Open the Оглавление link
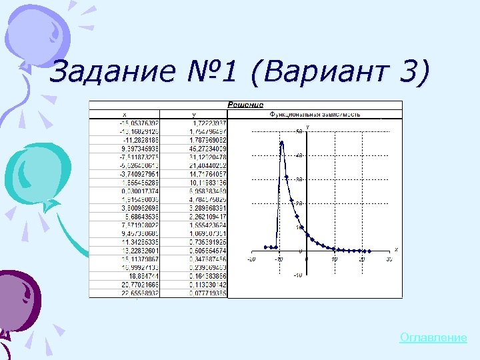(433, 338)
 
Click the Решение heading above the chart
(245, 105)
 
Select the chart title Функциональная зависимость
(315, 114)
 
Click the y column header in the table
(194, 114)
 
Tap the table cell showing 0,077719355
(203, 293)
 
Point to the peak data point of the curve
(282, 142)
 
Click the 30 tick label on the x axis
(388, 259)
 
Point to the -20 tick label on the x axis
(251, 259)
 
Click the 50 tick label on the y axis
(299, 131)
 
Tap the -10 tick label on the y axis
(298, 275)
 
